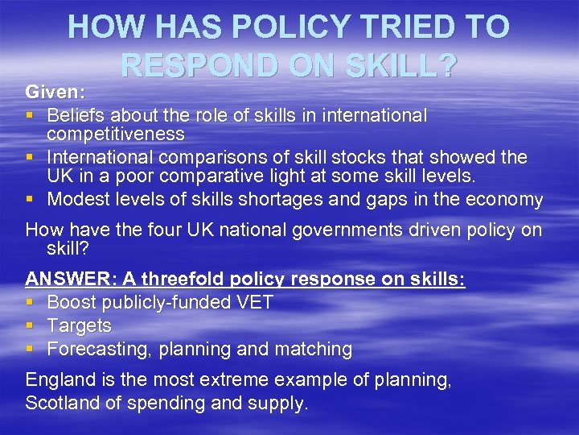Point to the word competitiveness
coord(116,134)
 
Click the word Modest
coord(79,199)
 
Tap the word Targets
coord(80,326)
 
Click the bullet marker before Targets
coord(31,326)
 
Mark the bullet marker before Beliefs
coord(31,115)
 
